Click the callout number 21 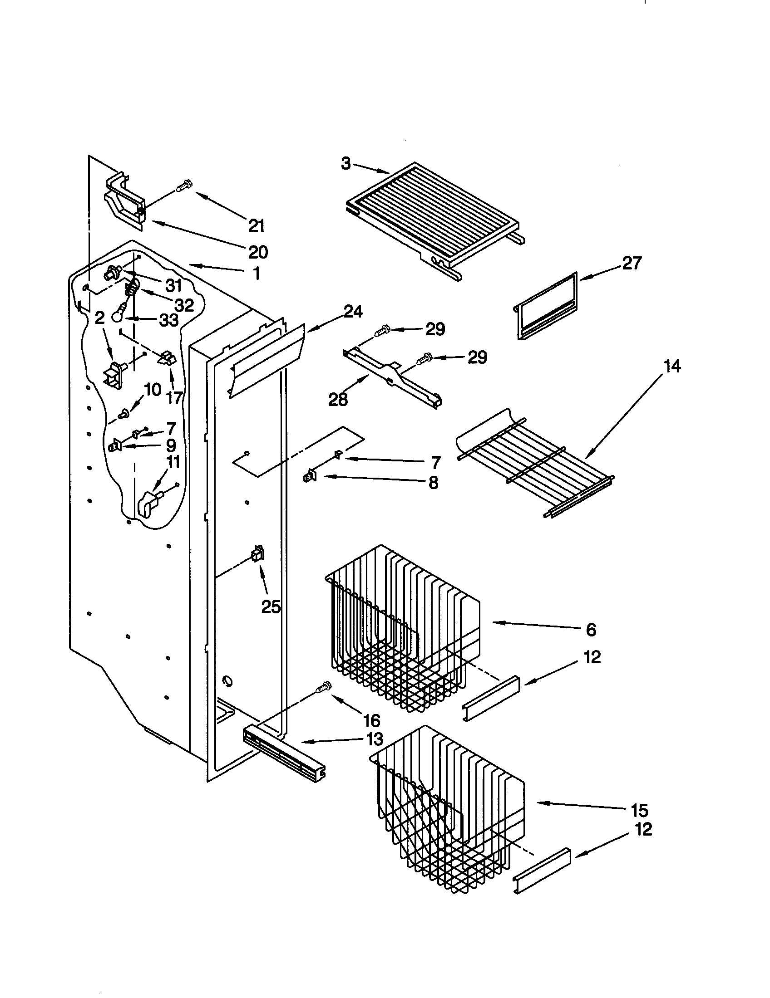click(x=257, y=226)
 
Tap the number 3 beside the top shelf click(x=346, y=164)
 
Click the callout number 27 click(x=632, y=263)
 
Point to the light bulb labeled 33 click(x=119, y=314)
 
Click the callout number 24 click(x=354, y=312)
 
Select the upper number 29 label click(x=435, y=329)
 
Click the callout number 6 click(x=591, y=630)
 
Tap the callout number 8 click(x=434, y=482)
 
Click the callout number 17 click(x=175, y=397)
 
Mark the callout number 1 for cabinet click(x=257, y=273)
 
